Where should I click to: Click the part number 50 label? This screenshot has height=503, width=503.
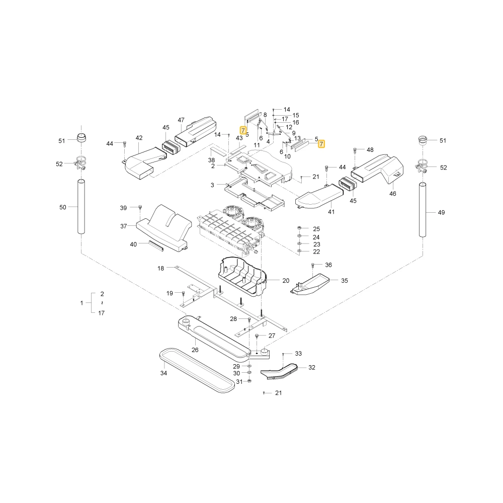[x=63, y=207]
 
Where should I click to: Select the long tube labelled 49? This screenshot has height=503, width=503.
[x=423, y=210]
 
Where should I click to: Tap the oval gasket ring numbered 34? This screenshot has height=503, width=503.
[x=197, y=371]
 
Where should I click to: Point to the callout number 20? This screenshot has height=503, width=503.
[x=286, y=281]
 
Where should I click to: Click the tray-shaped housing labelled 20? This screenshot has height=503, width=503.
[x=242, y=276]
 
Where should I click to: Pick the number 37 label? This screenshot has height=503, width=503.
[x=124, y=226]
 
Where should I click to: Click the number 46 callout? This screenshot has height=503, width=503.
[x=393, y=194]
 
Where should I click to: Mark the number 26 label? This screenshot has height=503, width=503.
[x=195, y=350]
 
